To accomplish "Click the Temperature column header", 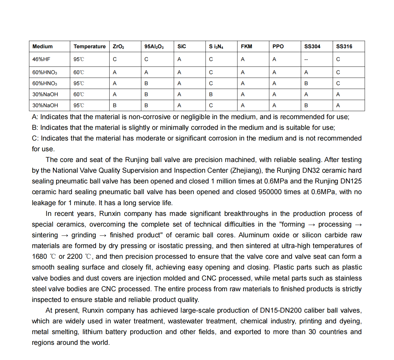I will pos(89,46).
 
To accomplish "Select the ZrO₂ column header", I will pos(118,46).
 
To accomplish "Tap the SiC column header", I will pos(181,46).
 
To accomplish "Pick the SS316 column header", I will pos(344,46).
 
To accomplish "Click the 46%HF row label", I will pos(41,59).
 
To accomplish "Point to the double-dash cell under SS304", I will pos(306,60).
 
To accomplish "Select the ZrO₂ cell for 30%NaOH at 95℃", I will pos(115,105).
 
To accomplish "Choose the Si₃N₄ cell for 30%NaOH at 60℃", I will pos(211,94).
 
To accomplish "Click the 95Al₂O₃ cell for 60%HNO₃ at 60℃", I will pos(146,72).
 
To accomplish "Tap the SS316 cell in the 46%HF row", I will pos(338,59).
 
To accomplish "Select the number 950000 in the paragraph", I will pos(270,192).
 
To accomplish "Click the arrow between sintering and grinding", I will pos(65,235).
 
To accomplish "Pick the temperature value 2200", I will pos(74,256).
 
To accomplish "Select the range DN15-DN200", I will pos(281,310).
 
